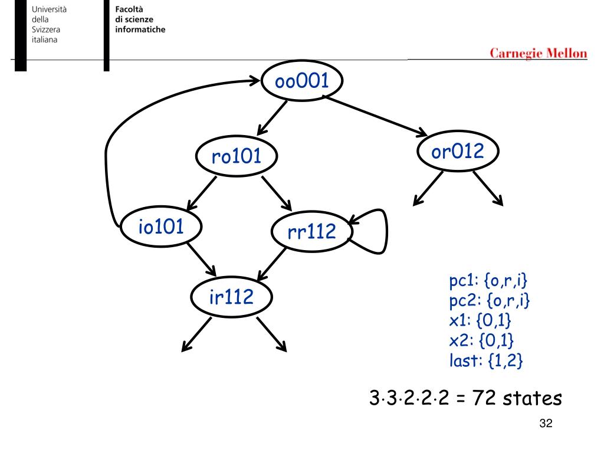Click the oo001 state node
point(301,82)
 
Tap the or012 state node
point(458,152)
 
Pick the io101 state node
point(161,228)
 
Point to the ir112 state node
point(232,298)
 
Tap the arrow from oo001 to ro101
point(272,117)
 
